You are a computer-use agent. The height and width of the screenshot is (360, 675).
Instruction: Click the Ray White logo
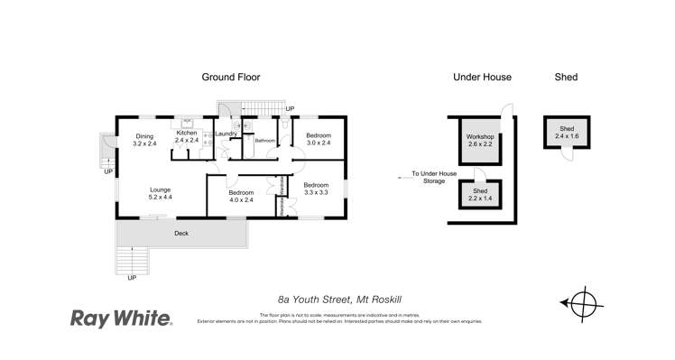(x=121, y=318)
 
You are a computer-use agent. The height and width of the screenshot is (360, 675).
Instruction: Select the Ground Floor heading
(x=232, y=78)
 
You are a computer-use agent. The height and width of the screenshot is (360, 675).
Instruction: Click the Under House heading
(x=483, y=78)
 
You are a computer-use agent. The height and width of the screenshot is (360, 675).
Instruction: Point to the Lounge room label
(x=161, y=193)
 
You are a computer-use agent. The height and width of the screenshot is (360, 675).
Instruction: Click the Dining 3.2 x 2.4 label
(x=144, y=140)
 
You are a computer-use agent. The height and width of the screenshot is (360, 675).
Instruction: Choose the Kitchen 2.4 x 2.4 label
(x=187, y=137)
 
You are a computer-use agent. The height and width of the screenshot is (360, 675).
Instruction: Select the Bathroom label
(x=264, y=142)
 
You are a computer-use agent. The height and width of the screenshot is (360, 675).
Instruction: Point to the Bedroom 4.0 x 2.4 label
(x=240, y=197)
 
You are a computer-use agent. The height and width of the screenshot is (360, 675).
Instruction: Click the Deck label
(x=180, y=234)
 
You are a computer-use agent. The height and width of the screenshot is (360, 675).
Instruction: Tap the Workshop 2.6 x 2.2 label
(x=479, y=140)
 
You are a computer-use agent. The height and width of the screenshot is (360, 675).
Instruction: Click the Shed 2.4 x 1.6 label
(x=567, y=133)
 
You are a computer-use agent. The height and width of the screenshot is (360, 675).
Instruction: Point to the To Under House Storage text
(x=435, y=177)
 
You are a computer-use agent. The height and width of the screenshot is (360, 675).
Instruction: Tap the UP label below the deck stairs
(x=133, y=277)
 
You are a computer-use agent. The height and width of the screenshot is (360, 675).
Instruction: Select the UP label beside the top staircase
(x=289, y=109)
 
